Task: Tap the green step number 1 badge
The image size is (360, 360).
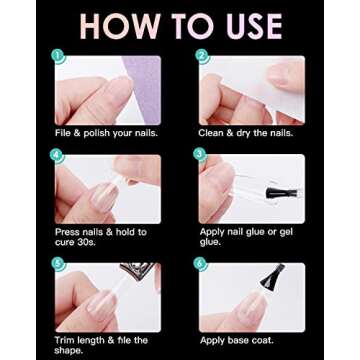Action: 59,56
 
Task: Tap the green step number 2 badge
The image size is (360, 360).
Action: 201,56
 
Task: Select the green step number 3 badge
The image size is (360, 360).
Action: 201,156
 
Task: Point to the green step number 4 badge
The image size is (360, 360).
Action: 59,156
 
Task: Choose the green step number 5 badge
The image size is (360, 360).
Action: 59,265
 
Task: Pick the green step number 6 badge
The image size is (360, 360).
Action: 201,265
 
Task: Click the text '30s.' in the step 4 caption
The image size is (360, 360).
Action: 83,241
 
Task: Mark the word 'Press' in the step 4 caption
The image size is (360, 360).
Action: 68,231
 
